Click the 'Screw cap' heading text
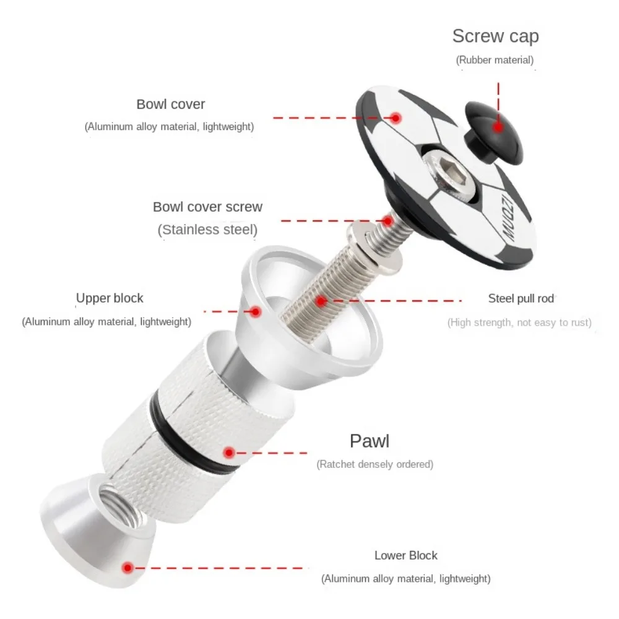tap(495, 37)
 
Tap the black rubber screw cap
tap(493, 132)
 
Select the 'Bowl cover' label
tap(171, 104)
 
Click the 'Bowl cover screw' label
tap(207, 207)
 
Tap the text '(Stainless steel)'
tap(207, 230)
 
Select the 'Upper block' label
tap(110, 298)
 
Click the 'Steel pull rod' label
tap(521, 298)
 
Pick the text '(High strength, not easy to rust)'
tap(519, 322)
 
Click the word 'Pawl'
tap(370, 441)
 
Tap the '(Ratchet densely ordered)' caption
tap(375, 464)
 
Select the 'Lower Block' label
tap(406, 555)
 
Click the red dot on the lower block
tap(128, 568)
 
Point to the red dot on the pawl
tap(229, 453)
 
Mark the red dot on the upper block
tap(256, 312)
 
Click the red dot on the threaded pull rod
tap(321, 301)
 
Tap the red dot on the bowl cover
tap(396, 118)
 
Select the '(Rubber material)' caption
tap(495, 60)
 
